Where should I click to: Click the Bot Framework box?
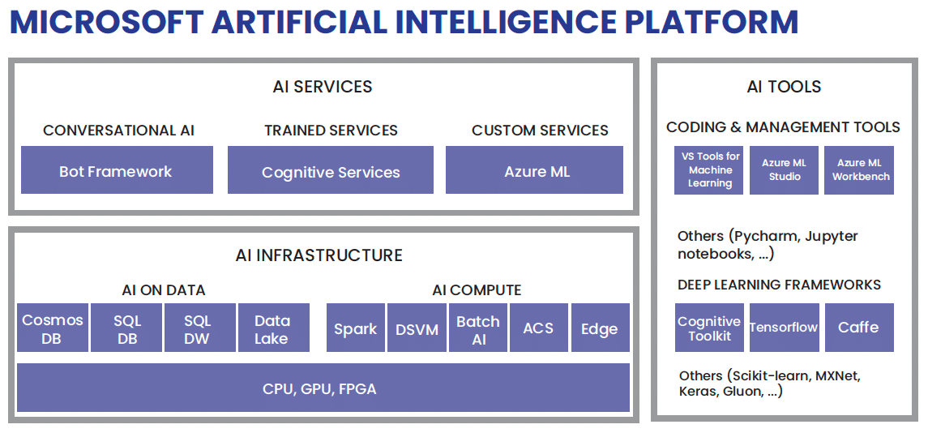click(117, 170)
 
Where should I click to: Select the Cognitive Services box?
click(331, 170)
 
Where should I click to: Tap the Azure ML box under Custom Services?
click(535, 170)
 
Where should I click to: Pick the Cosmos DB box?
click(53, 328)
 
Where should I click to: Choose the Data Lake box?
click(272, 328)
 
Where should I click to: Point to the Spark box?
click(356, 328)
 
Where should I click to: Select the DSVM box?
click(417, 328)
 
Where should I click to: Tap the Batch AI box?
click(478, 328)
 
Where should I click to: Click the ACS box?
click(539, 328)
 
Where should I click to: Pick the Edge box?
click(600, 328)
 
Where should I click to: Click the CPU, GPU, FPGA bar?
click(323, 388)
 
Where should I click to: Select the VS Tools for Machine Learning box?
click(709, 170)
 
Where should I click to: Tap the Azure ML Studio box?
click(785, 170)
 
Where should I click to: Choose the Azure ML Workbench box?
click(859, 170)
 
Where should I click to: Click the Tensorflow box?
click(784, 328)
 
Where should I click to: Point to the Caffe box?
click(859, 328)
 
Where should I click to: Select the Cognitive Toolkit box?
click(709, 328)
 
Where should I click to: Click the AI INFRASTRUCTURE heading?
click(319, 255)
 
